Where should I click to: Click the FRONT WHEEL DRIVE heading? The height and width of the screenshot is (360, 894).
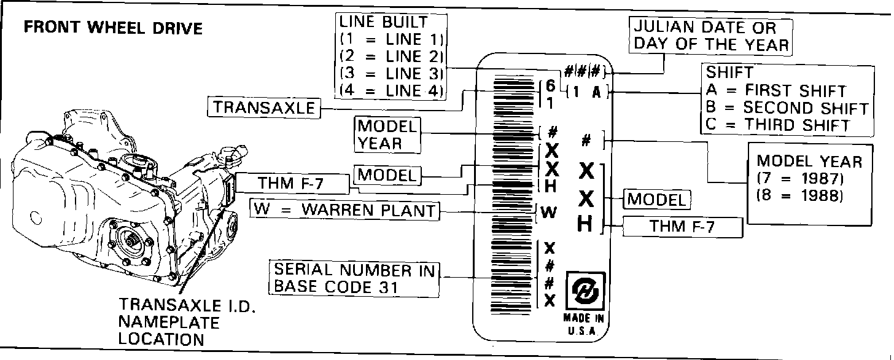[x=112, y=28]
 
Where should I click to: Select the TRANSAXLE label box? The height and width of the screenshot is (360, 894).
[x=264, y=108]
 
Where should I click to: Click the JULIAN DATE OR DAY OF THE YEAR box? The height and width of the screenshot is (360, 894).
[x=711, y=36]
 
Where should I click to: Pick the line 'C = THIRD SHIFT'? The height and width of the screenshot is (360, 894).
[x=778, y=124]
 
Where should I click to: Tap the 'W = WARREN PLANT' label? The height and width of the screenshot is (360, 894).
[x=345, y=211]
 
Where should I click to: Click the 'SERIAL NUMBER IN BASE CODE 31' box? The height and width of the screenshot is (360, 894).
[x=354, y=278]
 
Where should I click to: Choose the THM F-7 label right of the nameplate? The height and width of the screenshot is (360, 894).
[x=682, y=227]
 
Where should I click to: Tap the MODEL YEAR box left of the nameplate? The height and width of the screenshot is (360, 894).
[x=387, y=135]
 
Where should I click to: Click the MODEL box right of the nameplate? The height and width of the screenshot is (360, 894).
[x=656, y=199]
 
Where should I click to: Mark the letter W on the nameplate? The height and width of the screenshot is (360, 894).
[x=549, y=213]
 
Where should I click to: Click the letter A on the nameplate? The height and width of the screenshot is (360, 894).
[x=596, y=93]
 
